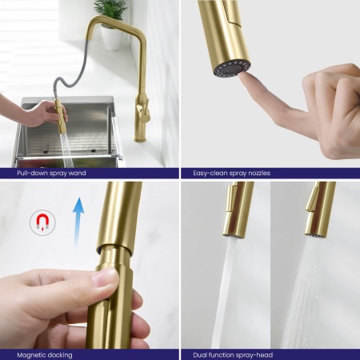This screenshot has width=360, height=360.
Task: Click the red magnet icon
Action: coord(42,222)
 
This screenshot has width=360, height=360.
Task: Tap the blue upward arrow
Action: coord(78,222)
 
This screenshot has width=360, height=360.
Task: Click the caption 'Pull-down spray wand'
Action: coord(51,173)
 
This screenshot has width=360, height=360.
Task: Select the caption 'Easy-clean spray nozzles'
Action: coord(231,173)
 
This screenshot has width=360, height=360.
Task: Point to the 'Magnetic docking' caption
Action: coord(45,355)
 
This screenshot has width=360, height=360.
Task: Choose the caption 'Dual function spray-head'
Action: coord(233,355)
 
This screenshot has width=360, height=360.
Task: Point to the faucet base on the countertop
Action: coord(140,138)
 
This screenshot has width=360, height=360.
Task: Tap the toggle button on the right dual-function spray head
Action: coord(313,199)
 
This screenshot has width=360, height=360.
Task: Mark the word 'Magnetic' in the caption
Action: coord(30,355)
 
